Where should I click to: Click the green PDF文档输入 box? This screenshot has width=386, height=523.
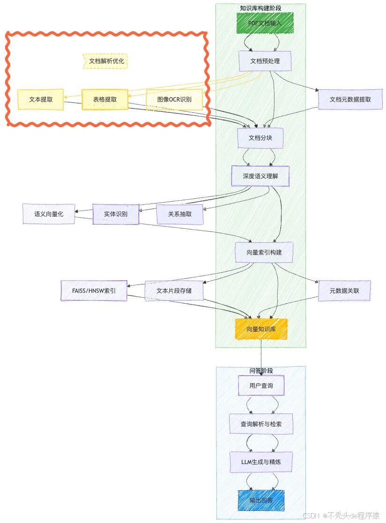coord(265,23)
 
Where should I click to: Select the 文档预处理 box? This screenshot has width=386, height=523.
coord(265,61)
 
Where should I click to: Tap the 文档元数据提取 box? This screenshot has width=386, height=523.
coord(350,99)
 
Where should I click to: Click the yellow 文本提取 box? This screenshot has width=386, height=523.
coord(40,99)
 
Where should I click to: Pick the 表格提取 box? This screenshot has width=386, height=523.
coord(104,99)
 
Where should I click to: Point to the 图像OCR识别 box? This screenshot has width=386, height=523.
coord(174,99)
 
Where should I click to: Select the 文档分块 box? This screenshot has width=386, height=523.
coord(260,138)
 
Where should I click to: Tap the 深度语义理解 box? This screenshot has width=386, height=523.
coord(260,176)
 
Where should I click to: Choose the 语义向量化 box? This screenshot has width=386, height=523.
coord(48,214)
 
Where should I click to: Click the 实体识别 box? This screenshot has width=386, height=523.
coord(115,214)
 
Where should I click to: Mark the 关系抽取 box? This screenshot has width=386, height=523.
coord(180,214)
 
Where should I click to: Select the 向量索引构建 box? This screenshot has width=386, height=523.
coord(264,252)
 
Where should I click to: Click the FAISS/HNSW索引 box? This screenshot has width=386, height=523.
coord(94,291)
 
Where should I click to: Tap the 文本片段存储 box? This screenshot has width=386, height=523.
coord(173,291)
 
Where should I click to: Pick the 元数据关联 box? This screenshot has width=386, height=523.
coord(344,291)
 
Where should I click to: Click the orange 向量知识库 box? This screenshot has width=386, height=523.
coord(261,329)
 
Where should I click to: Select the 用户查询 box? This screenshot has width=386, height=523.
coord(261,386)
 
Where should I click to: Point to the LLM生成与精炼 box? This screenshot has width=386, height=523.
coord(261,462)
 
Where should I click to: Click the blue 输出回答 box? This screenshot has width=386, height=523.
coord(261,500)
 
